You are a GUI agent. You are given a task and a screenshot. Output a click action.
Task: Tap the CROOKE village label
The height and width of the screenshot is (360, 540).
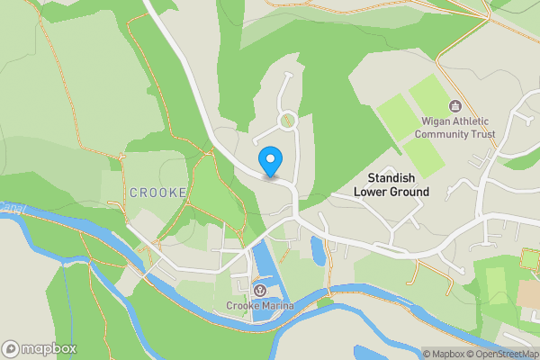pos(157,193)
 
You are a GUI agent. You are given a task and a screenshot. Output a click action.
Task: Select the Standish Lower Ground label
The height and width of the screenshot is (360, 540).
pos(391,184)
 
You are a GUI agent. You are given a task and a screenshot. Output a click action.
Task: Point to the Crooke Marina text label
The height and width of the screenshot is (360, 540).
pos(260,306)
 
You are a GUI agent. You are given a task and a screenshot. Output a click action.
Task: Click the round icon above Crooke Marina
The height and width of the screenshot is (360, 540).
pos(260,290)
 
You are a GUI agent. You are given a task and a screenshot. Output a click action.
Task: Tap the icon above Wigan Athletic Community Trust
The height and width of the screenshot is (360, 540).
pos(455,106)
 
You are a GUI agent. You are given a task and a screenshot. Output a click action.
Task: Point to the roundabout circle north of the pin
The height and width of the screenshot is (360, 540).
pos(288,120)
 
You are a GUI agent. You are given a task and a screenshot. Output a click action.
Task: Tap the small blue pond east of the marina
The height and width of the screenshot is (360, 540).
pos(318,249)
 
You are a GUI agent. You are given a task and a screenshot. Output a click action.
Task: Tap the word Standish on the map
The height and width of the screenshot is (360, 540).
pos(391,178)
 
